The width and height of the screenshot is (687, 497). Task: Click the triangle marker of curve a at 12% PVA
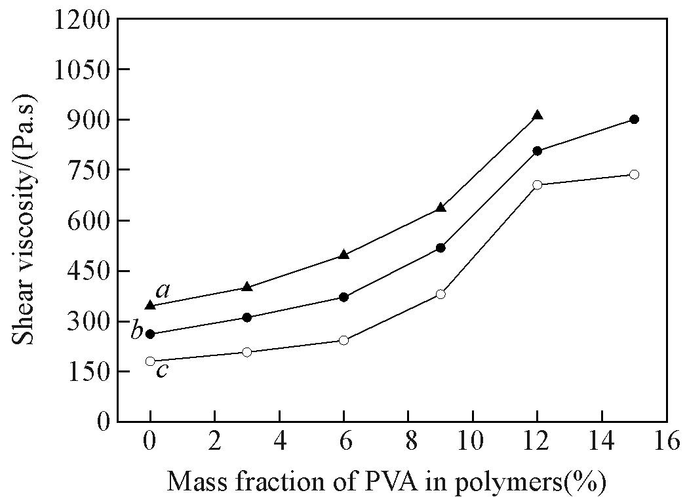pyautogui.click(x=538, y=115)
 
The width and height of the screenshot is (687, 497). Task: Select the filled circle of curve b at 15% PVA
pyautogui.click(x=634, y=119)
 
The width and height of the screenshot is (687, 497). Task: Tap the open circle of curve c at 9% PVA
pyautogui.click(x=441, y=294)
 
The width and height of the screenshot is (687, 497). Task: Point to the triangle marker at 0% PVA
pyautogui.click(x=150, y=306)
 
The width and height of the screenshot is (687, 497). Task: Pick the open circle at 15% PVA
pyautogui.click(x=634, y=174)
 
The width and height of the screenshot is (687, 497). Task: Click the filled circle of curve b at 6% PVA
pyautogui.click(x=343, y=297)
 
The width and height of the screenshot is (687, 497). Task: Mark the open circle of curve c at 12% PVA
pyautogui.click(x=538, y=185)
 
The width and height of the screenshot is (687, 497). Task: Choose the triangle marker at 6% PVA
pyautogui.click(x=343, y=254)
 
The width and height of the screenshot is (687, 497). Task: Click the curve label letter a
pyautogui.click(x=163, y=290)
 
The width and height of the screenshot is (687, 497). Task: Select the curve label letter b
pyautogui.click(x=136, y=330)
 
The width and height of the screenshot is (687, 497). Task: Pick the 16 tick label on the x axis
pyautogui.click(x=666, y=441)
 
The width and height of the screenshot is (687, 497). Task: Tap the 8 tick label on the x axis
pyautogui.click(x=408, y=441)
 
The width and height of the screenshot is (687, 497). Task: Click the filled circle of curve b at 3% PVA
pyautogui.click(x=247, y=317)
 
